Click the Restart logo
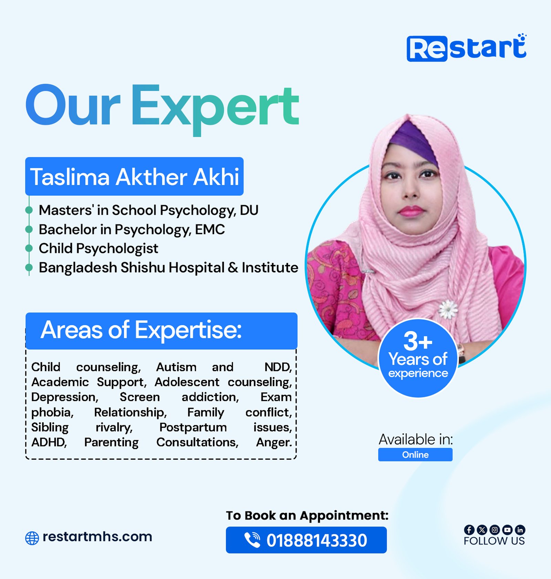click(466, 48)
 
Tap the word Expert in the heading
click(215, 108)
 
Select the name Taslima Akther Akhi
click(134, 177)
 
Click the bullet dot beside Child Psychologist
click(29, 248)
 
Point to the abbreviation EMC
click(210, 229)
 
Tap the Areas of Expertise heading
click(141, 330)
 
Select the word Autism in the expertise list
click(176, 367)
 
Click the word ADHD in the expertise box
click(49, 442)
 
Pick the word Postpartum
click(193, 428)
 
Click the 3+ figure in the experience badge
click(418, 341)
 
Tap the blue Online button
click(415, 455)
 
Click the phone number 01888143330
click(317, 540)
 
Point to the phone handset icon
click(252, 540)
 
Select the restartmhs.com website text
click(97, 537)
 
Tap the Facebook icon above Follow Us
click(469, 530)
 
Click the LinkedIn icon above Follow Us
click(520, 530)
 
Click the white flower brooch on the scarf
click(448, 309)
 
